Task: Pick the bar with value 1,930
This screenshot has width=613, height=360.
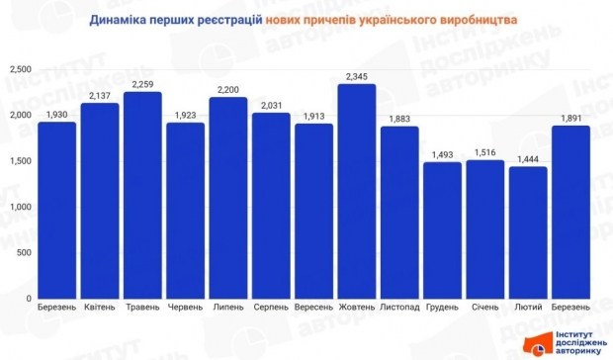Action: [x=56, y=210]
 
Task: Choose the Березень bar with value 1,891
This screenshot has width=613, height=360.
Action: [x=570, y=212]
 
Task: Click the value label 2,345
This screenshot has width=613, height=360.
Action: [x=356, y=75]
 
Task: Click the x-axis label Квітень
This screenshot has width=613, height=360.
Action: [x=99, y=309]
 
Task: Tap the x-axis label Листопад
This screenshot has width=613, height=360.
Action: [x=398, y=309]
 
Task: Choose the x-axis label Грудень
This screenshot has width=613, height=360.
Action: [x=442, y=309]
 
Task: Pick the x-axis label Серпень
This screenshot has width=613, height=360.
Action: [x=270, y=309]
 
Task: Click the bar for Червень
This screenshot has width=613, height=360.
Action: [x=185, y=210]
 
